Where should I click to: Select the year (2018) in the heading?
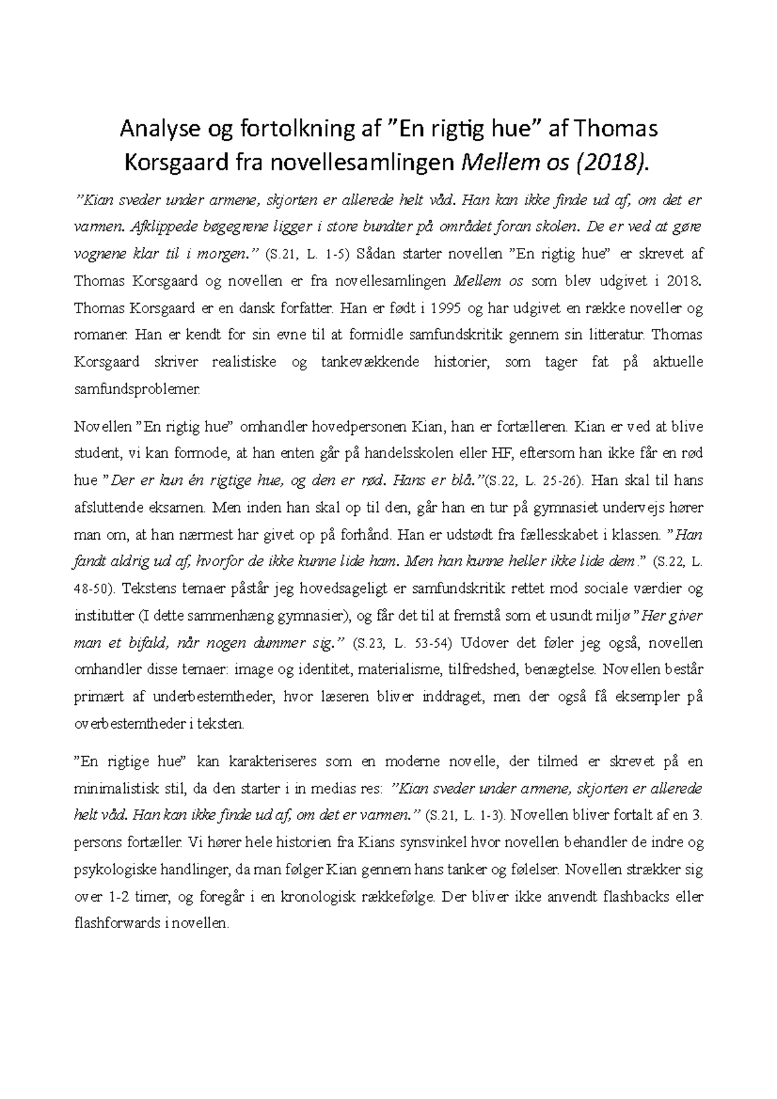click(611, 162)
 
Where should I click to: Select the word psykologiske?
click(111, 871)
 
